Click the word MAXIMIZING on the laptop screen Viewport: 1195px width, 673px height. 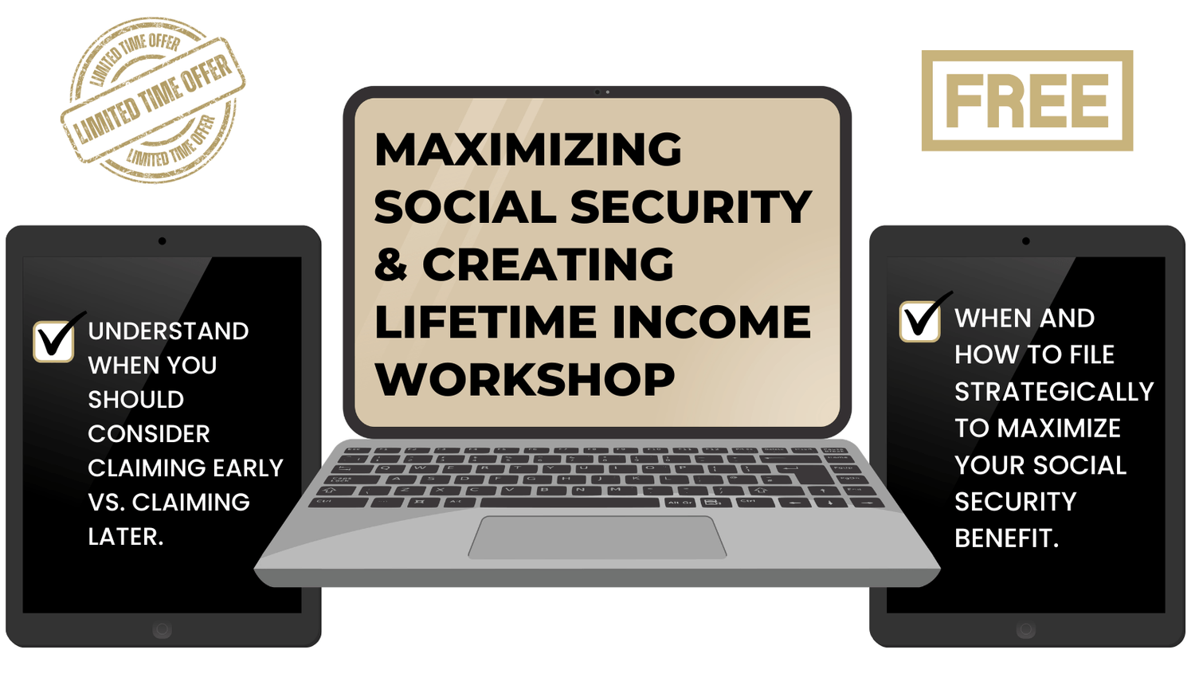(x=528, y=149)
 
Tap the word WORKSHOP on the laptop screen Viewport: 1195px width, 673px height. (x=525, y=379)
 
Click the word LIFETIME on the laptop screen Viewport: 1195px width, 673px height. (x=485, y=322)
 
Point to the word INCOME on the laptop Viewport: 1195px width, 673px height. (x=712, y=322)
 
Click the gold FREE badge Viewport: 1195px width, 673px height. (x=1027, y=101)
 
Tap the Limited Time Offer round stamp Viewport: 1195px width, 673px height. (x=153, y=100)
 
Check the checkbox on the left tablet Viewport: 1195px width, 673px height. (x=54, y=342)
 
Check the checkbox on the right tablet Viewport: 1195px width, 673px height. (x=920, y=321)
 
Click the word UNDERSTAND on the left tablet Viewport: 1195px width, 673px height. (x=168, y=331)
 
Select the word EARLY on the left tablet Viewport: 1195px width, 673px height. (x=248, y=468)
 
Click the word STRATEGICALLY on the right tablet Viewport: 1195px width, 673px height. (x=1054, y=392)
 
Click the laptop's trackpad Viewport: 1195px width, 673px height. (x=597, y=537)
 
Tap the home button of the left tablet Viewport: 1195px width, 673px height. (x=163, y=630)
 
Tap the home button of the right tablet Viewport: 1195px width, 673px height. (x=1026, y=630)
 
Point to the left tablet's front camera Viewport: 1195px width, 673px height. (x=163, y=241)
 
